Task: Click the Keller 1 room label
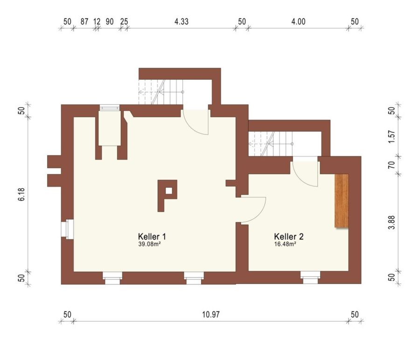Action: pyautogui.click(x=152, y=236)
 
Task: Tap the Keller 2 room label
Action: pyautogui.click(x=289, y=236)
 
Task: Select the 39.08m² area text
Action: pyautogui.click(x=149, y=244)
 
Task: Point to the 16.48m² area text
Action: pyautogui.click(x=285, y=244)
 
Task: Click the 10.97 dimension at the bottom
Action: pyautogui.click(x=211, y=314)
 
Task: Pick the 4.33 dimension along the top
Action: pyautogui.click(x=182, y=21)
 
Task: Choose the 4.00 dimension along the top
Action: pyautogui.click(x=298, y=21)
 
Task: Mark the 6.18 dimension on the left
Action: pyautogui.click(x=21, y=194)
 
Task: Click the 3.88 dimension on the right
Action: pyautogui.click(x=392, y=222)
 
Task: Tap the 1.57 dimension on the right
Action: pyautogui.click(x=392, y=136)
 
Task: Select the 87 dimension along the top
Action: pyautogui.click(x=84, y=21)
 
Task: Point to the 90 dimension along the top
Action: pyautogui.click(x=110, y=21)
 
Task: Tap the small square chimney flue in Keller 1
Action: pyautogui.click(x=169, y=191)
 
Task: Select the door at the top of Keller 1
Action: pyautogui.click(x=195, y=122)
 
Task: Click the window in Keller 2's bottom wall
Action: pyautogui.click(x=310, y=277)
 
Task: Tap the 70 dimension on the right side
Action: pyautogui.click(x=392, y=164)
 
